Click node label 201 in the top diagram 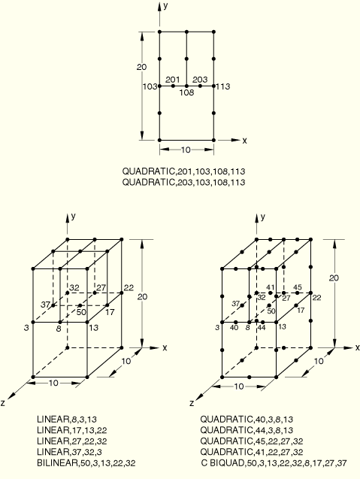(x=173, y=80)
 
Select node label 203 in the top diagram (x=200, y=80)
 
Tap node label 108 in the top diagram (x=186, y=92)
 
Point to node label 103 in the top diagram (x=150, y=86)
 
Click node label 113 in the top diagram (x=223, y=86)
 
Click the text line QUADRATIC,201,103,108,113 (x=183, y=171)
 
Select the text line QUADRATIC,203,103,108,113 (x=183, y=182)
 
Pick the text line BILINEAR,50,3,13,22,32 (x=86, y=463)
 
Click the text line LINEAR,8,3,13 (x=67, y=419)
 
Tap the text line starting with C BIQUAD (x=274, y=463)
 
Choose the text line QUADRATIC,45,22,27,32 (x=252, y=441)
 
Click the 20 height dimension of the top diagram (x=141, y=67)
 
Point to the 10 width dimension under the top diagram (x=186, y=150)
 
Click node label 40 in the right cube (x=234, y=328)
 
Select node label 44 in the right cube (x=262, y=328)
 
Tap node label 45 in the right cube (x=297, y=287)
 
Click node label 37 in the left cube (x=46, y=305)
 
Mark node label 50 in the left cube (x=81, y=312)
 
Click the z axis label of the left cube (x=3, y=403)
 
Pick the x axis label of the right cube (x=357, y=347)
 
